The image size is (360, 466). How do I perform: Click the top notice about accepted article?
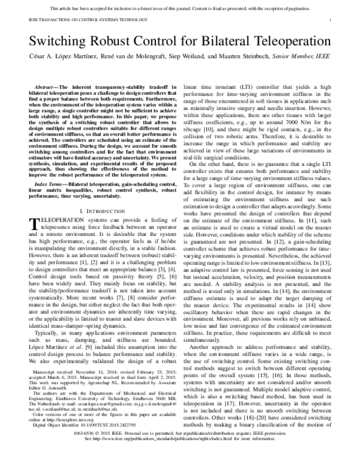[180, 9]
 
